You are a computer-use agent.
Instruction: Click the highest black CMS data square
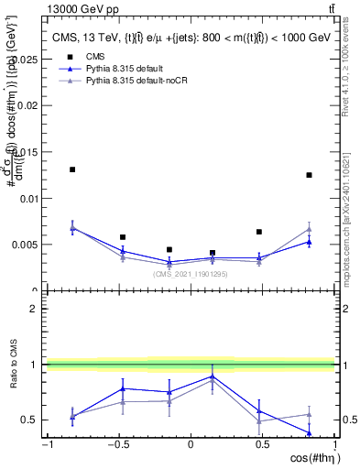(x=72, y=169)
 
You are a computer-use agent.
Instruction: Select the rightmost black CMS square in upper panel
(x=310, y=175)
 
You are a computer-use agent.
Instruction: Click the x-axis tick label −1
(x=46, y=445)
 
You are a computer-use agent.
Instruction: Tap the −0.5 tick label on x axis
(x=117, y=445)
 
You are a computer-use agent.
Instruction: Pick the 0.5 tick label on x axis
(x=262, y=445)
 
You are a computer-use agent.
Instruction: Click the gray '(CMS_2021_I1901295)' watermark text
(x=191, y=274)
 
